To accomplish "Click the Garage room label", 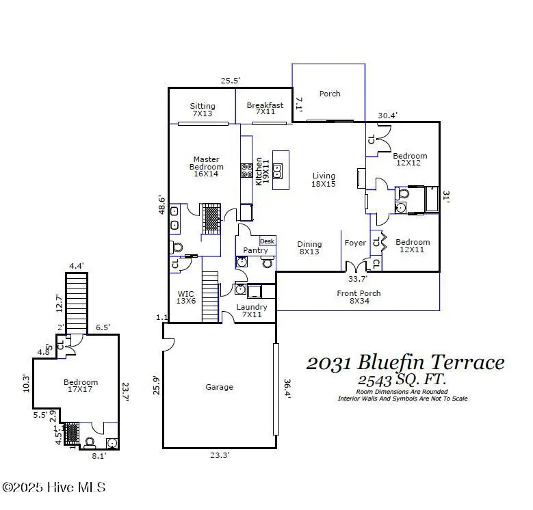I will [219, 387].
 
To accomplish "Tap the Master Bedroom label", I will [206, 167].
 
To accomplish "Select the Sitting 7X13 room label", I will [203, 110].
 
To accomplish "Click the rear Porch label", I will [330, 94].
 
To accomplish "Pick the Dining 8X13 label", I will [309, 248].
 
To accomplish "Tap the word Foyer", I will [355, 243].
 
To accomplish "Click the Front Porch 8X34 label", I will [359, 297].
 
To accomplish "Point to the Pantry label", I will [256, 250].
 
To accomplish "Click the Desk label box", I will [267, 241].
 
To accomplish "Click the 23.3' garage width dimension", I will [220, 455].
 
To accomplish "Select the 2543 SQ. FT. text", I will [404, 380].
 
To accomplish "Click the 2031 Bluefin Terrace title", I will [405, 362].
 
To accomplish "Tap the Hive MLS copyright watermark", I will [54, 487].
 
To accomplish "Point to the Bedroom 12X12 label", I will [411, 160].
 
